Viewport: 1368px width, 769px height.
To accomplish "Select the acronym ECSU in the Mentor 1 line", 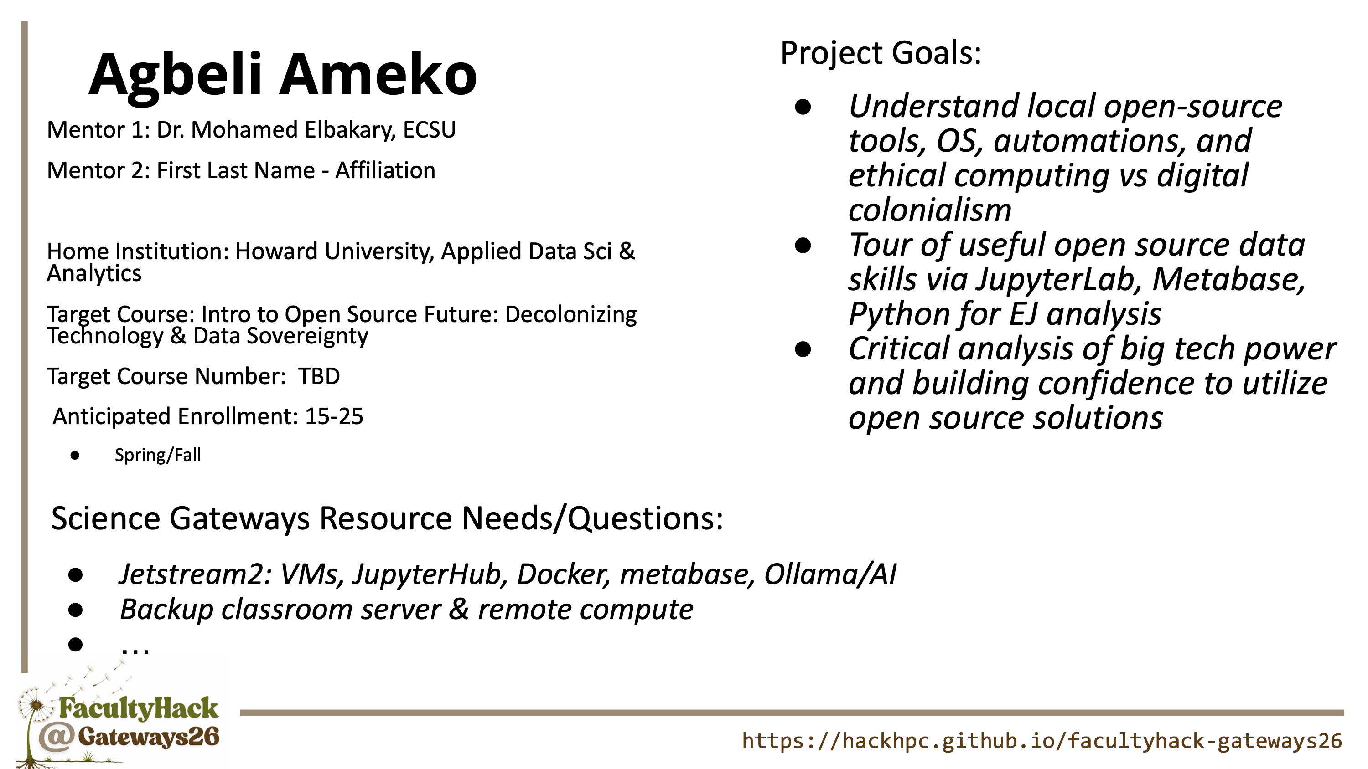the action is point(430,130).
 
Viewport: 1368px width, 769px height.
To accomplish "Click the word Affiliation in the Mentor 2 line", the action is point(385,170).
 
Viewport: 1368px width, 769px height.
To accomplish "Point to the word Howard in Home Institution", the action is point(276,251).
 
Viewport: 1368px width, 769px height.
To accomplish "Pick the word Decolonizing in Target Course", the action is point(571,315).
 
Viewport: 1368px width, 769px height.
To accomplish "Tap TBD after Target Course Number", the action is point(319,376).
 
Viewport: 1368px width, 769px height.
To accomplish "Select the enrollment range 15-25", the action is point(334,416).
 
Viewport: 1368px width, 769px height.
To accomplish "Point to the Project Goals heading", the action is point(881,54).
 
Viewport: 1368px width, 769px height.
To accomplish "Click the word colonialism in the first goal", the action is point(930,210).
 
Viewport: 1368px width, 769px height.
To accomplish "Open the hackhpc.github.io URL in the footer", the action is point(1042,741).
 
